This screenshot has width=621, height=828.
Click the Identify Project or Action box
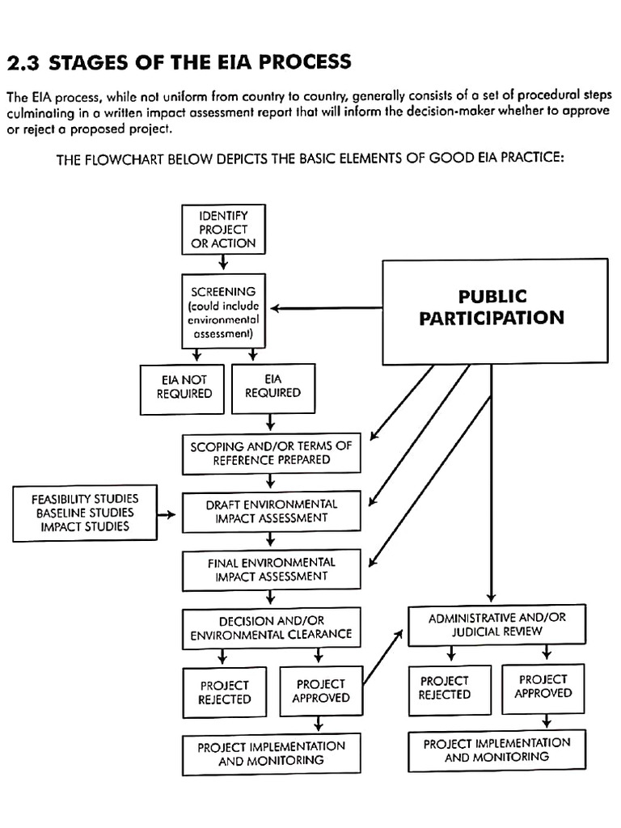222,228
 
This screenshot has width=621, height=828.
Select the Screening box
222,311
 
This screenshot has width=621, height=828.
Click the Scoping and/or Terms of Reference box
271,452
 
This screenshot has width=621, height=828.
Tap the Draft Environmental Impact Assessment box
271,510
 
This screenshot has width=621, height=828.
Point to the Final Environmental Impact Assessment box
271,569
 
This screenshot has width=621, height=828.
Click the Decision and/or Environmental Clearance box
271,628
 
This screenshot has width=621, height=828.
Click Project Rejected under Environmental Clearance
225,692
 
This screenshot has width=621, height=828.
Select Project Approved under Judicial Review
543,686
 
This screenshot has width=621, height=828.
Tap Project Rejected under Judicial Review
444,687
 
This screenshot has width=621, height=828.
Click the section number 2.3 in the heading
22,62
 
